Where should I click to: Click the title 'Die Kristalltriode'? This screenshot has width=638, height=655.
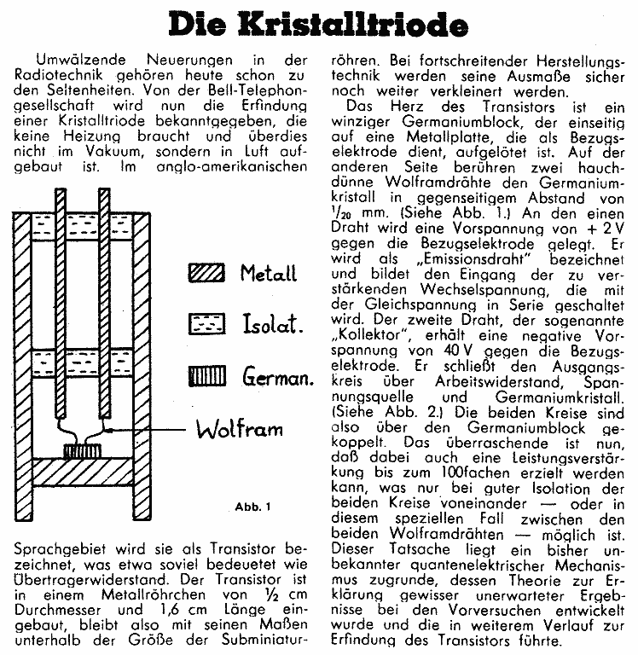(318, 25)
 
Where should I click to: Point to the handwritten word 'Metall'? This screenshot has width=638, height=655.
(268, 274)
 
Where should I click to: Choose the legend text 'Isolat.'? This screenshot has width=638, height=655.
(269, 324)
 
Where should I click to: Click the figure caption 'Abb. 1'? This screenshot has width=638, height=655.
(252, 508)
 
